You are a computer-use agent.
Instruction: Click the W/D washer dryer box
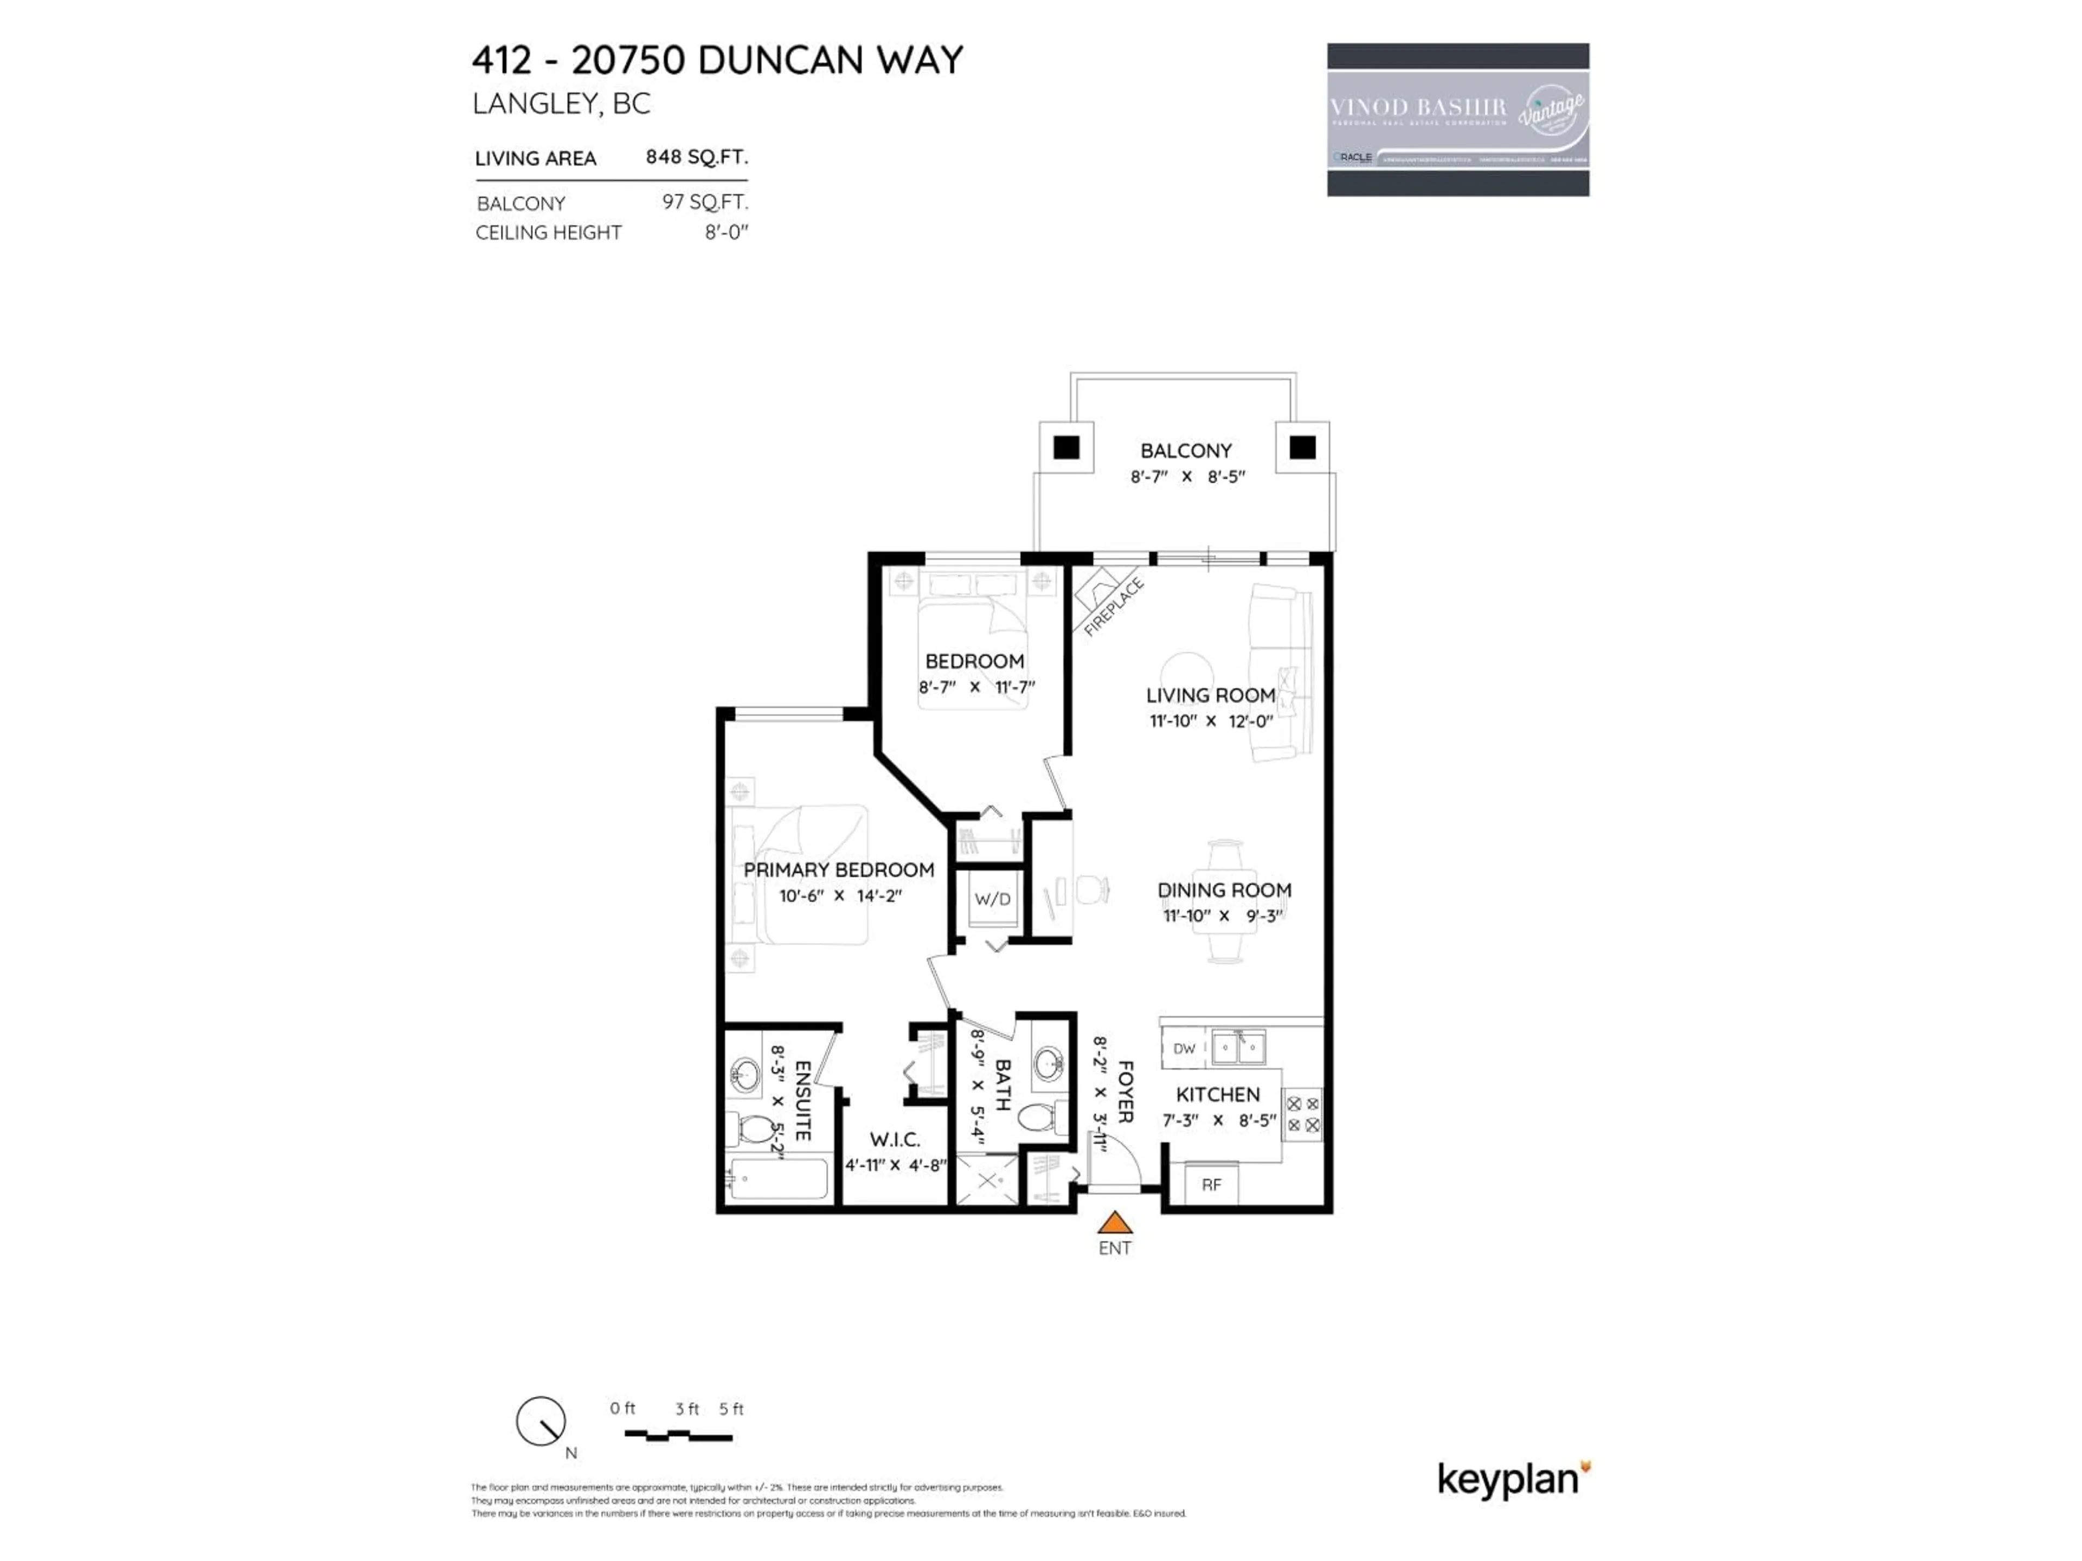tap(992, 899)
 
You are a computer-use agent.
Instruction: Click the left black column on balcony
tap(1066, 448)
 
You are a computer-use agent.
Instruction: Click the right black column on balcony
tap(1303, 448)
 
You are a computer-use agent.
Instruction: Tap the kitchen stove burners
tap(1303, 1114)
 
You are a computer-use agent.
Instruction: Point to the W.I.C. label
tap(894, 1139)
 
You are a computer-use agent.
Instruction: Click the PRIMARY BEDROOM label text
tap(839, 869)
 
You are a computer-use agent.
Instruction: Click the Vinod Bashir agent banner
tap(1458, 119)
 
